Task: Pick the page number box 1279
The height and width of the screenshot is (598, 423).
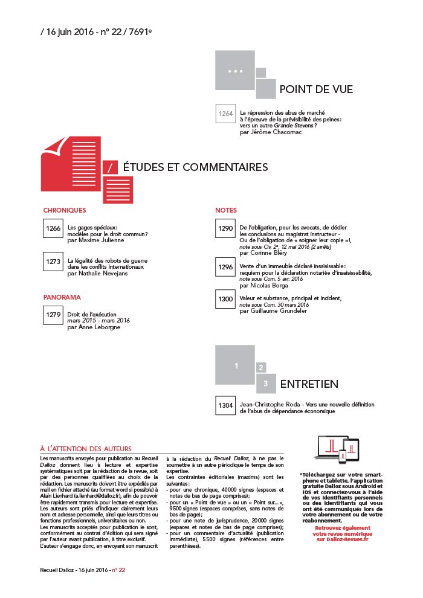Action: click(53, 315)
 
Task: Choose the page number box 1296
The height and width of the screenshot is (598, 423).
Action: click(225, 266)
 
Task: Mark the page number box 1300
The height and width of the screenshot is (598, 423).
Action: click(225, 299)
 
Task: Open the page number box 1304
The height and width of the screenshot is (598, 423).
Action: click(225, 405)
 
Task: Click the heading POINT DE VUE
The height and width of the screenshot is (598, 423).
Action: click(315, 90)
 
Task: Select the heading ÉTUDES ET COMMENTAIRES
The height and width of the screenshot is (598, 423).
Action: click(195, 167)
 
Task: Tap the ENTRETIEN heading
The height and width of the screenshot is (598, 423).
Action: click(309, 384)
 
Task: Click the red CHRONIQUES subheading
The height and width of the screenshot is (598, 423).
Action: click(65, 210)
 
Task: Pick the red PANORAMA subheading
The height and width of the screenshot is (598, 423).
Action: click(62, 297)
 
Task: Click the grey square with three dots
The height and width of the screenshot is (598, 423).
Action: click(234, 71)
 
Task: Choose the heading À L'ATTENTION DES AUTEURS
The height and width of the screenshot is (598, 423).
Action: click(86, 449)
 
